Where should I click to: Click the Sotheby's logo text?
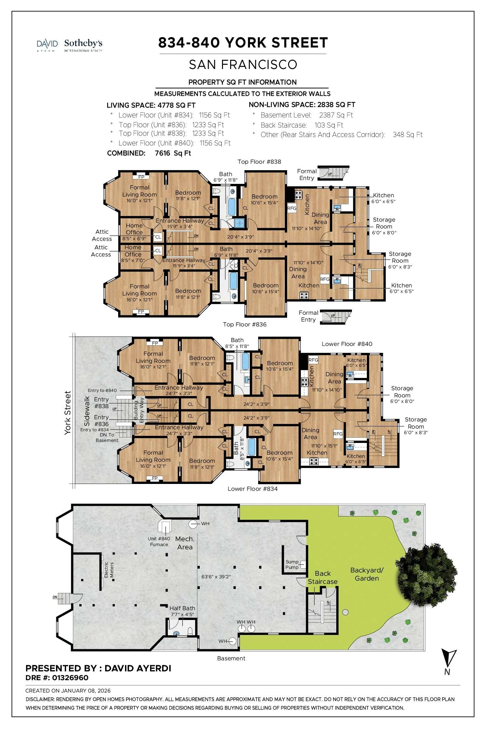pos(83,43)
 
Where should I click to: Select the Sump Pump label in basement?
pos(292,564)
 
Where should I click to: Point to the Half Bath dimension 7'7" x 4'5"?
pos(182,614)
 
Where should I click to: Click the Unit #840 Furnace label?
pos(159,542)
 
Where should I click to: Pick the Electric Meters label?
pos(109,570)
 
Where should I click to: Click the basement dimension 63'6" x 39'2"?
pos(216,576)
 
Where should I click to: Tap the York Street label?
pos(67,413)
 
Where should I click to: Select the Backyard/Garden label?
pos(367,574)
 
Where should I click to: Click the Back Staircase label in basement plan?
pos(323,577)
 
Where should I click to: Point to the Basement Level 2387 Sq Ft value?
pos(336,115)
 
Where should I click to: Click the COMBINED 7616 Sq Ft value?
pos(173,153)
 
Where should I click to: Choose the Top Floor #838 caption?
pos(259,162)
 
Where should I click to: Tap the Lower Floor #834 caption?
pos(252,488)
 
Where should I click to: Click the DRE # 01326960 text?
pos(57,678)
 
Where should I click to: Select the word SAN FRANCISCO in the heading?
pos(243,64)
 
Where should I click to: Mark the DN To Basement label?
pos(107,437)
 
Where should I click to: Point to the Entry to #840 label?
pos(102,390)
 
